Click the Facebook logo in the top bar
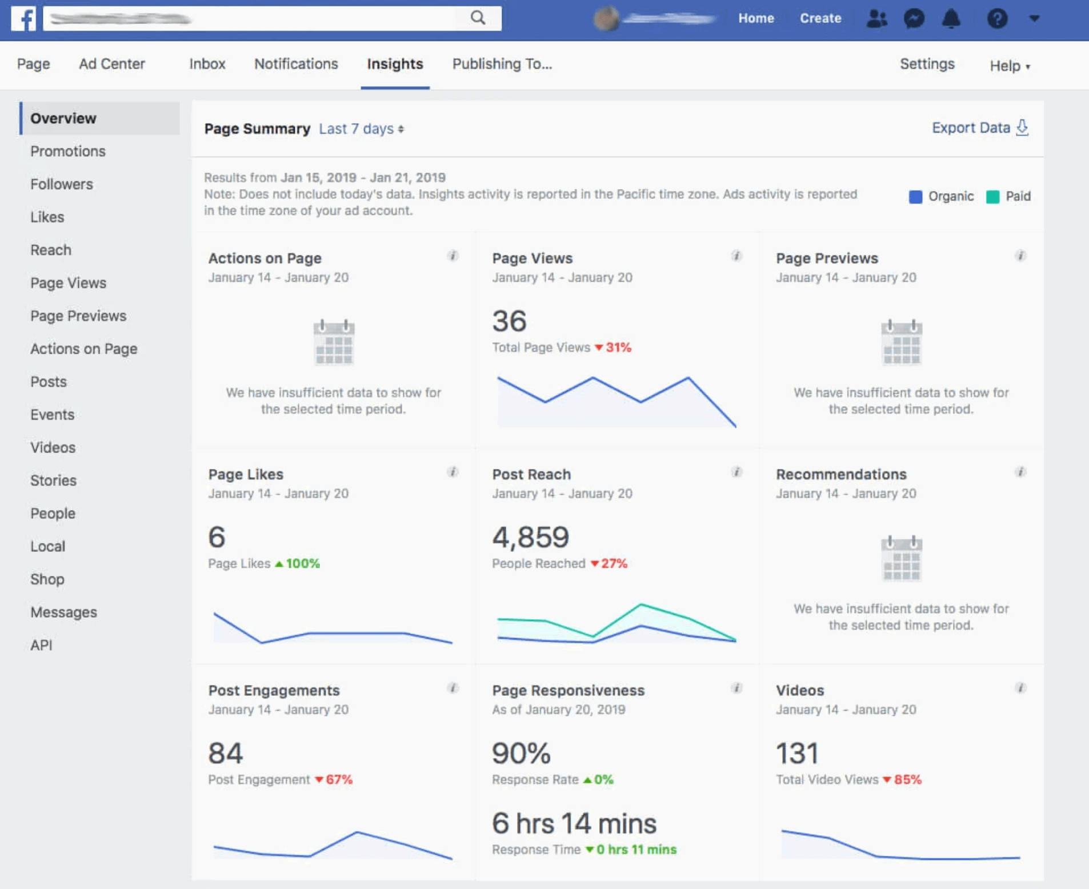point(23,19)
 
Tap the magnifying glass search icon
point(478,18)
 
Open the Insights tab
point(395,64)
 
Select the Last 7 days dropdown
point(361,129)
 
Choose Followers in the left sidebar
point(62,184)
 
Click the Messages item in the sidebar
point(63,612)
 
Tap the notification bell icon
point(951,19)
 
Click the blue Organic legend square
point(915,197)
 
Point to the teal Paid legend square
point(992,197)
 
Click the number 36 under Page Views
point(509,321)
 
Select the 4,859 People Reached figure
point(530,537)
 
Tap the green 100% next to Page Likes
point(302,564)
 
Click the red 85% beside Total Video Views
point(907,780)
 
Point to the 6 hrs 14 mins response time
point(574,823)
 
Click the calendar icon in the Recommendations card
point(901,558)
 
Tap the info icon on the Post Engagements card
point(453,688)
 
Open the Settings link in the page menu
point(927,64)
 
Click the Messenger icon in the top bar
point(914,19)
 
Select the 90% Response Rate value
point(521,753)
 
